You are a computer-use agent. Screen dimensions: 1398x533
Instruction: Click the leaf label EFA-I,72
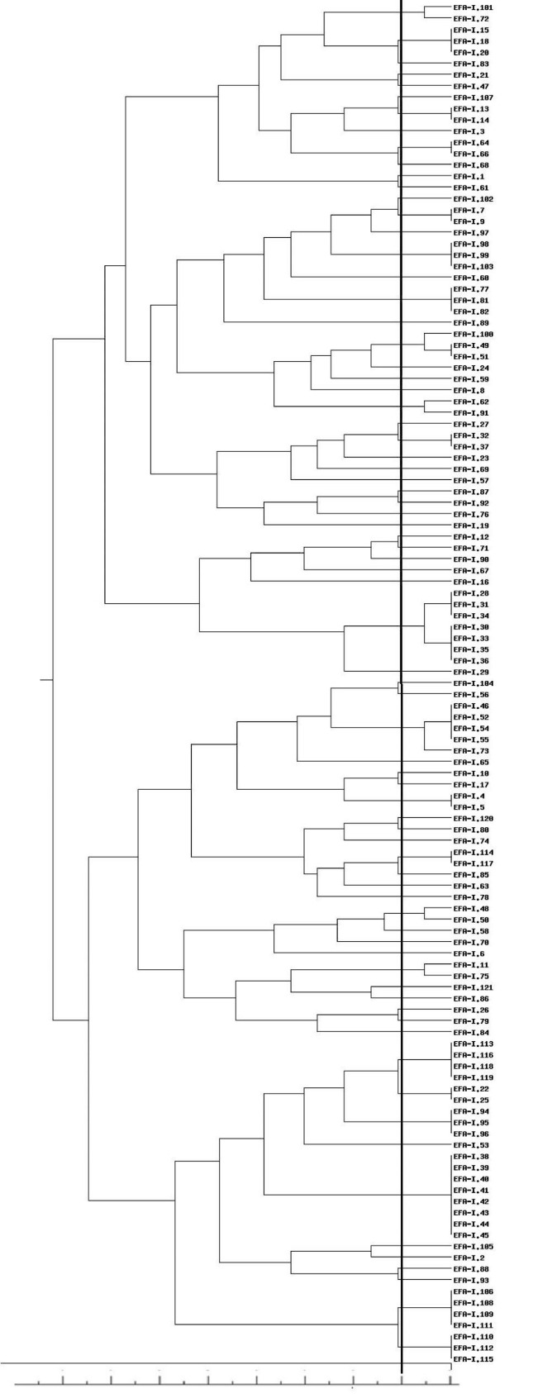pyautogui.click(x=471, y=18)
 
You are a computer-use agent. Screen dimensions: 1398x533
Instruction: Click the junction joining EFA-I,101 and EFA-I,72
pyautogui.click(x=425, y=12)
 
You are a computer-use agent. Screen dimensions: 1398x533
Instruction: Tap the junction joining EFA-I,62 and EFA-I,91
pyautogui.click(x=425, y=407)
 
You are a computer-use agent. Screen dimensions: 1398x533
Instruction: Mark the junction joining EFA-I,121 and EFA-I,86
pyautogui.click(x=372, y=993)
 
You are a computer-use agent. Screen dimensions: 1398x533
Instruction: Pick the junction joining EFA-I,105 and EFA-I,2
pyautogui.click(x=372, y=1252)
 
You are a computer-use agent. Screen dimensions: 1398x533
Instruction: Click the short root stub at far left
pyautogui.click(x=46, y=680)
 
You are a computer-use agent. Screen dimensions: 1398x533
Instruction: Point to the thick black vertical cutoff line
pyautogui.click(x=402, y=661)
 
